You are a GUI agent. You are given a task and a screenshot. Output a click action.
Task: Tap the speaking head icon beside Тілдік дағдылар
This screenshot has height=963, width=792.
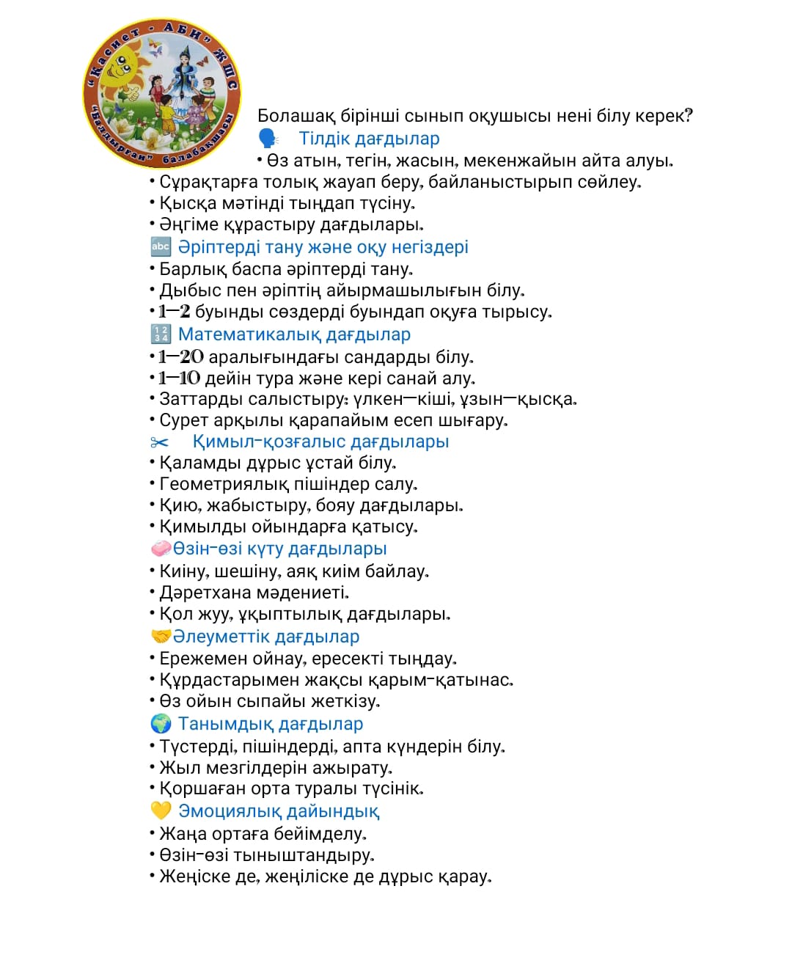coord(268,139)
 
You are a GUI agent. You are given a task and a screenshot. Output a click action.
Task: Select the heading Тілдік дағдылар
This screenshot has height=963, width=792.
coord(369,139)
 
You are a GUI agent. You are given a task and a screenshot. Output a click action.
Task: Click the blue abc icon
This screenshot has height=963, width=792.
coord(161,246)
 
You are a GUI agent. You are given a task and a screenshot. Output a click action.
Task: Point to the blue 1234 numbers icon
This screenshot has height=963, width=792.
coord(161,334)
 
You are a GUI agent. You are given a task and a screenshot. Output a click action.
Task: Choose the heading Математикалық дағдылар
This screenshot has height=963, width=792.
coord(294,334)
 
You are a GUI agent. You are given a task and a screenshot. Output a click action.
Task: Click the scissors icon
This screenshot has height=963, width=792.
coord(159,442)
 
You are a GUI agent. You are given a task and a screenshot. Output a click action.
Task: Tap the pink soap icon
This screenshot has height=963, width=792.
coord(161,549)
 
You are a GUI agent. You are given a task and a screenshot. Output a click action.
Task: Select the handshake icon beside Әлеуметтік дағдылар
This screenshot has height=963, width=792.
coord(161,637)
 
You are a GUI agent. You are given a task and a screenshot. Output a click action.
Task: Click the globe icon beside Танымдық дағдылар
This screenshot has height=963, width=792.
coord(161,724)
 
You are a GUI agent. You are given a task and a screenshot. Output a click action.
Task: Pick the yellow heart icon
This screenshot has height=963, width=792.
coord(161,811)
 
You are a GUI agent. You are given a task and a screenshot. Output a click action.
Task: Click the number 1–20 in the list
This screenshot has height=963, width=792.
coord(181,357)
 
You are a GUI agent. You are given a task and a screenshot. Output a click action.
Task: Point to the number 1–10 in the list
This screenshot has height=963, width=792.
coord(180,378)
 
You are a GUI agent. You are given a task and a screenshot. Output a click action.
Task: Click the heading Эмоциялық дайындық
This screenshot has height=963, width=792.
coord(279,811)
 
